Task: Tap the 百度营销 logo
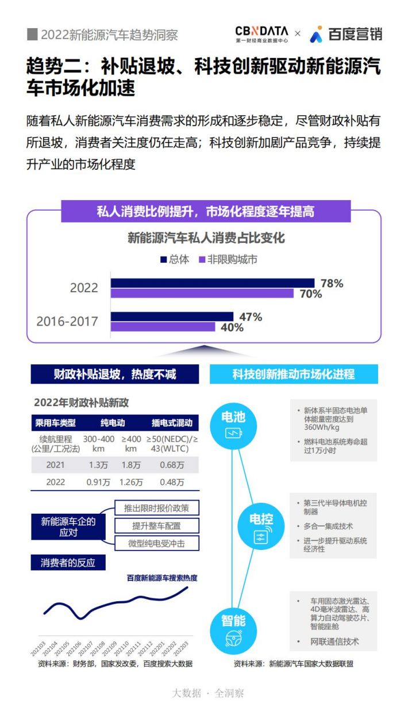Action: tap(346, 35)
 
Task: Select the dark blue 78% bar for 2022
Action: tap(213, 283)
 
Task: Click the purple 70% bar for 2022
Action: tap(202, 293)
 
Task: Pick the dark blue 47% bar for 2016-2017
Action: tap(172, 316)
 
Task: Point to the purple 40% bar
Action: tap(163, 327)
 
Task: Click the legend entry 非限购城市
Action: tap(228, 259)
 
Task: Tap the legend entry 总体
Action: tap(175, 259)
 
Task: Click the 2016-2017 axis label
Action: tap(67, 322)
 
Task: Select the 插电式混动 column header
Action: tap(172, 423)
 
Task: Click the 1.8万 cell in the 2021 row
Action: tap(131, 465)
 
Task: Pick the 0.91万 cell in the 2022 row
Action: tap(98, 482)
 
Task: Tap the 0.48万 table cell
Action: tap(172, 482)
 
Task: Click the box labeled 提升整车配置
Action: tap(157, 526)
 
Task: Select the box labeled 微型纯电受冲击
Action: tap(157, 543)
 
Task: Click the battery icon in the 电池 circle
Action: tap(233, 433)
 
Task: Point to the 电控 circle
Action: tap(261, 526)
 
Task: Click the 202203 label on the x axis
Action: tap(181, 648)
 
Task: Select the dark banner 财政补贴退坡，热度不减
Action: tap(115, 374)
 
